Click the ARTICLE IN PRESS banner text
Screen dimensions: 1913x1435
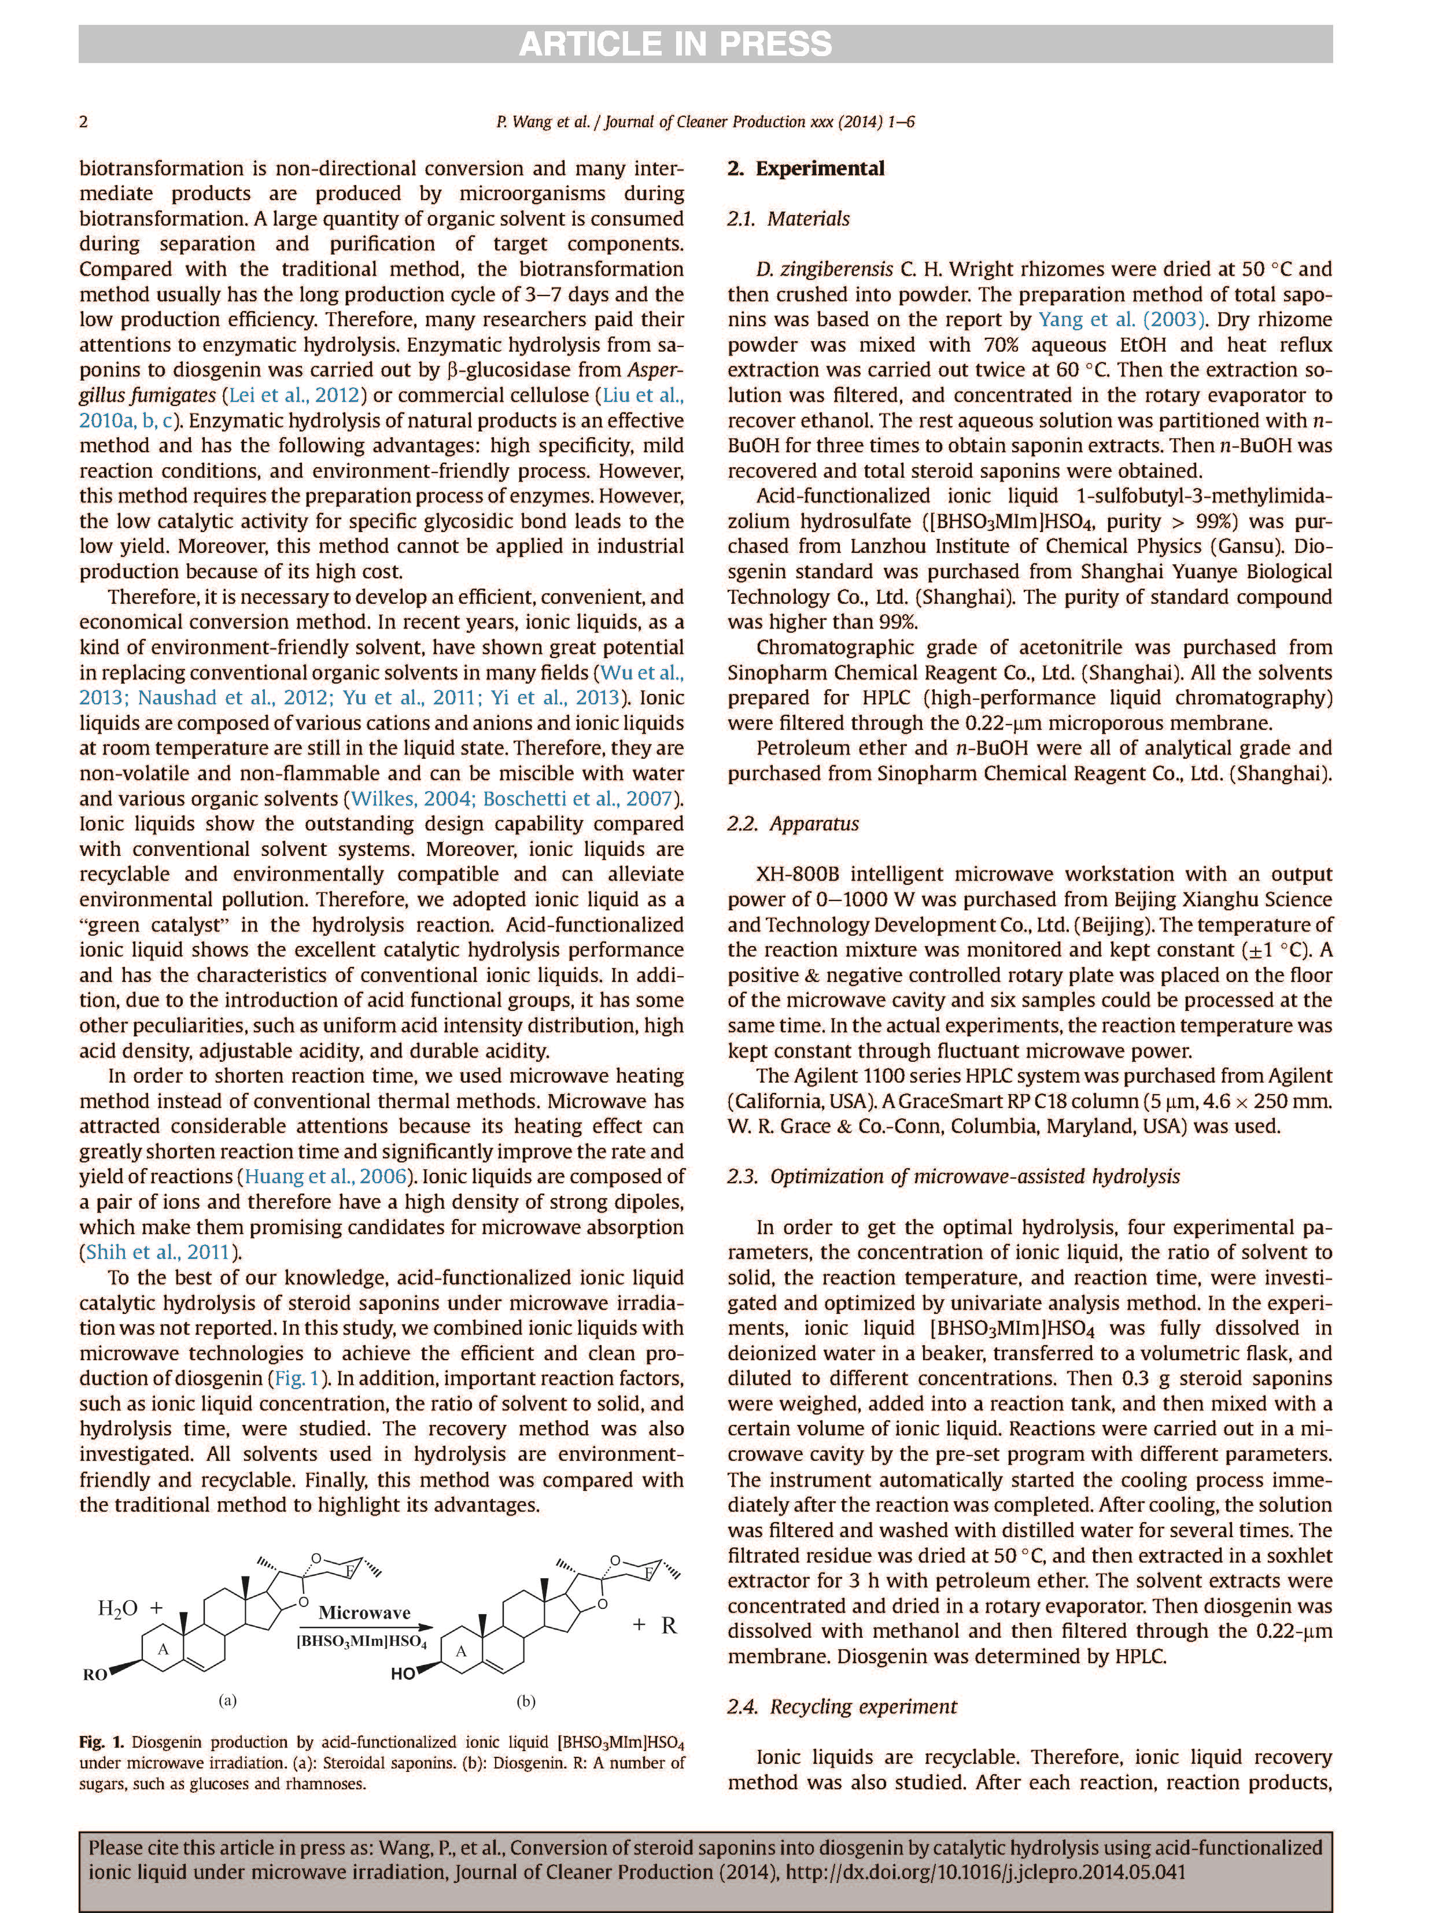tap(674, 44)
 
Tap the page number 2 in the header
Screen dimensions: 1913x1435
tap(84, 122)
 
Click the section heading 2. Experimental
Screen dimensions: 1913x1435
tap(805, 169)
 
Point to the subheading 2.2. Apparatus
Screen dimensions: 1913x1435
tap(792, 823)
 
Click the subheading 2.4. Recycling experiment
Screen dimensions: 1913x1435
tap(842, 1707)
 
